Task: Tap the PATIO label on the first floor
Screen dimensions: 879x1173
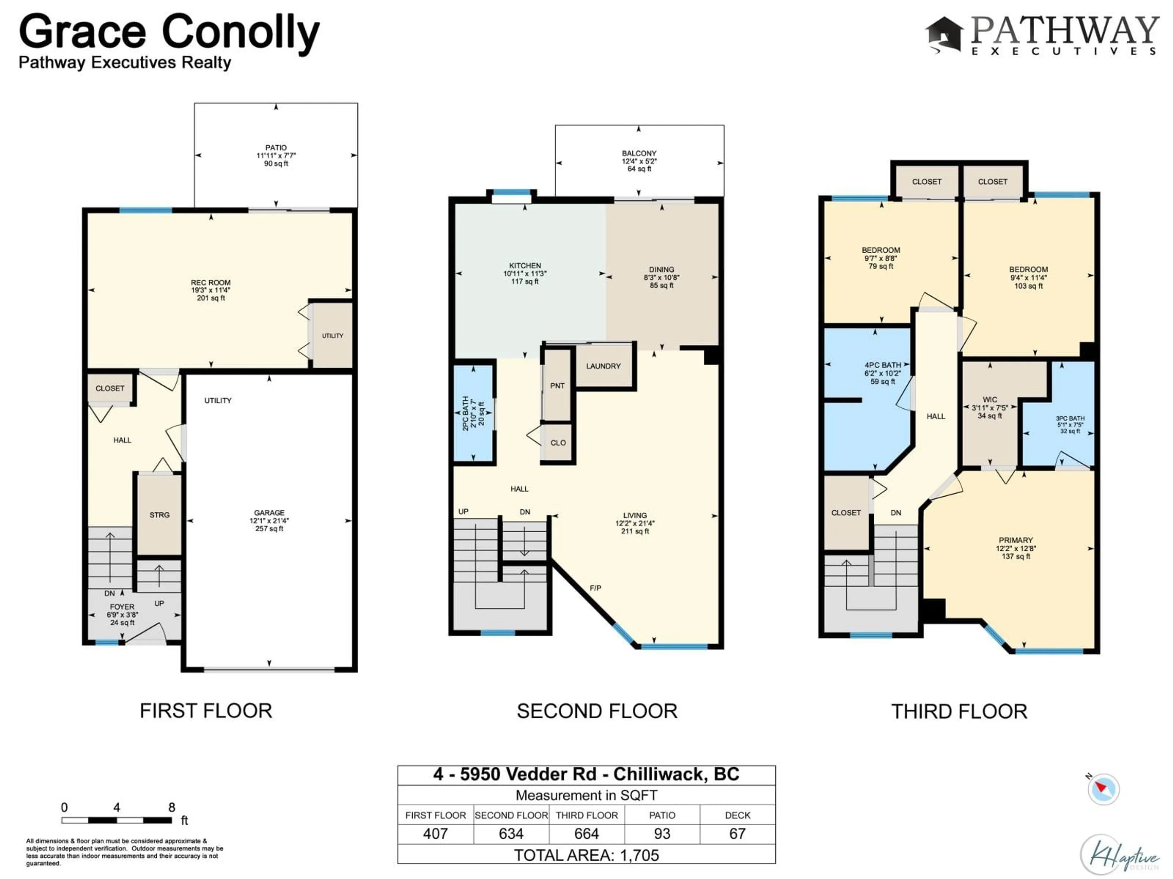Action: (x=276, y=148)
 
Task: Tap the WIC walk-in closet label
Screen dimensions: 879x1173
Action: (x=989, y=400)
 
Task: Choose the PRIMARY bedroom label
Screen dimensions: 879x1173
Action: (x=1015, y=540)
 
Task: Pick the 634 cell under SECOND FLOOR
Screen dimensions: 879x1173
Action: (x=511, y=834)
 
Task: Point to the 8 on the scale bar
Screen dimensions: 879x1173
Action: (x=171, y=807)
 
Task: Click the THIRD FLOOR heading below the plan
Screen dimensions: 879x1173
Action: (x=959, y=711)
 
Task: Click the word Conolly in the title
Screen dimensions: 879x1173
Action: (x=240, y=33)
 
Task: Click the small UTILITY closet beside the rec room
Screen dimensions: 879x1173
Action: (x=332, y=335)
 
